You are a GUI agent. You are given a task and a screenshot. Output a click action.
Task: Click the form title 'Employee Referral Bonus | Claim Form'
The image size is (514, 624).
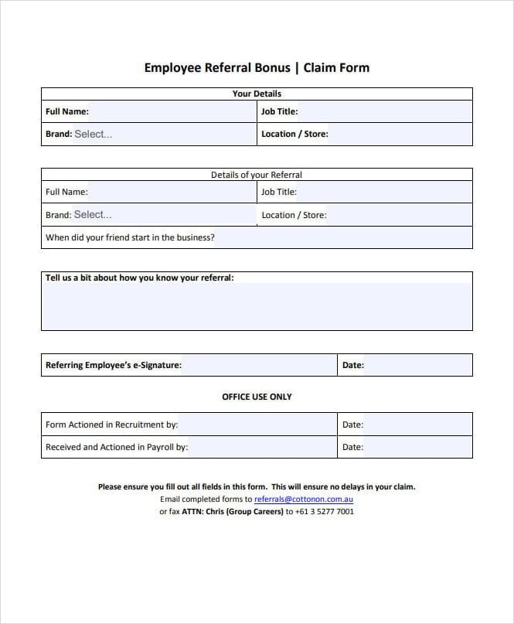(257, 67)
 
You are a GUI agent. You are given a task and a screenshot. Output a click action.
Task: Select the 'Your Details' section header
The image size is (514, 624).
(257, 94)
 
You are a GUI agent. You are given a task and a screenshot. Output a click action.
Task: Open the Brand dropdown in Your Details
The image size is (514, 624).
(162, 134)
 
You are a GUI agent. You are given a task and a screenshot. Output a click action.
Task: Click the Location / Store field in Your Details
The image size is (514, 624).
(399, 134)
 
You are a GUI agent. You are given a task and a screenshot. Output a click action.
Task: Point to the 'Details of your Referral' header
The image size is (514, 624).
(257, 175)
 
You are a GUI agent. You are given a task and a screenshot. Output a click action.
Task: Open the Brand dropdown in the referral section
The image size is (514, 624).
(162, 215)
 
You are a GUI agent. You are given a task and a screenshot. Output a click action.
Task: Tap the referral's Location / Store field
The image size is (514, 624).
(399, 215)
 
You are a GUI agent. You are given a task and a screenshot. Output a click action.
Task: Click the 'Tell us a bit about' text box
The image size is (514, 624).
(257, 305)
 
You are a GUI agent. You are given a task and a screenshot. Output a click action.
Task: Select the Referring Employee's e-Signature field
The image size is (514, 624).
(259, 365)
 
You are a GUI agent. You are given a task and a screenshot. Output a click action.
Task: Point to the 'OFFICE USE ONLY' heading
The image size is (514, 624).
(257, 397)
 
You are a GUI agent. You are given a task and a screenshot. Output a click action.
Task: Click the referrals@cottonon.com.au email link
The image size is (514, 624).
(304, 500)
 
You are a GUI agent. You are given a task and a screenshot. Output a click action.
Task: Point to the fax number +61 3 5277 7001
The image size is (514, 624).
(325, 512)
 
